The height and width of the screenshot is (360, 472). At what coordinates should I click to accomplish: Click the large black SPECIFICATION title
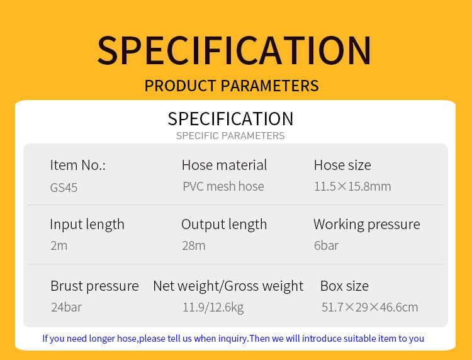click(234, 50)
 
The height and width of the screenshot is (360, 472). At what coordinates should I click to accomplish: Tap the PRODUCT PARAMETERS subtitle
click(232, 86)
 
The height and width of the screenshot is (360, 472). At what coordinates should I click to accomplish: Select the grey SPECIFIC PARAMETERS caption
click(230, 136)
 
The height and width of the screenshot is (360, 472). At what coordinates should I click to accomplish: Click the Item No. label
click(77, 165)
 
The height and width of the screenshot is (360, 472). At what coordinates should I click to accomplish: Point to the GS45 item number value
click(64, 188)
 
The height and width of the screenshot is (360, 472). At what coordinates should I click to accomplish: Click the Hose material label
click(224, 165)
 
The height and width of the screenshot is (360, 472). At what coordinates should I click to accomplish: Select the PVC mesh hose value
click(223, 186)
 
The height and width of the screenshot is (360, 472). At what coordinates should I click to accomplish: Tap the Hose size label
click(342, 165)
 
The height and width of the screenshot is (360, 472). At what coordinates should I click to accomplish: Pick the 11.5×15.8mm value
click(352, 186)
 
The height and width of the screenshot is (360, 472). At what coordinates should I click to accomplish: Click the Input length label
click(87, 225)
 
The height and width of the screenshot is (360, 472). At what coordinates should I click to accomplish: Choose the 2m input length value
click(59, 245)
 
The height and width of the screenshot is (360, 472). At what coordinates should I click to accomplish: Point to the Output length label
click(224, 225)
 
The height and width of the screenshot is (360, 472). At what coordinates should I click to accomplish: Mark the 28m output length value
click(194, 245)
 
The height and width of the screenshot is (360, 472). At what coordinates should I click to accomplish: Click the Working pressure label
click(367, 225)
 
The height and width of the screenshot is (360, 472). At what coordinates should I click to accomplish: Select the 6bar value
click(326, 245)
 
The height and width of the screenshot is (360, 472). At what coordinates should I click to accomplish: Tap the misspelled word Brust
click(67, 286)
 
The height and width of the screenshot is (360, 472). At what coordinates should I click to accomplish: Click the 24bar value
click(66, 307)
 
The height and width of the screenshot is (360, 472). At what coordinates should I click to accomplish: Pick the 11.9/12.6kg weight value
click(213, 307)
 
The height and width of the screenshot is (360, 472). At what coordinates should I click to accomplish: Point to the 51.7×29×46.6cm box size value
click(369, 307)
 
